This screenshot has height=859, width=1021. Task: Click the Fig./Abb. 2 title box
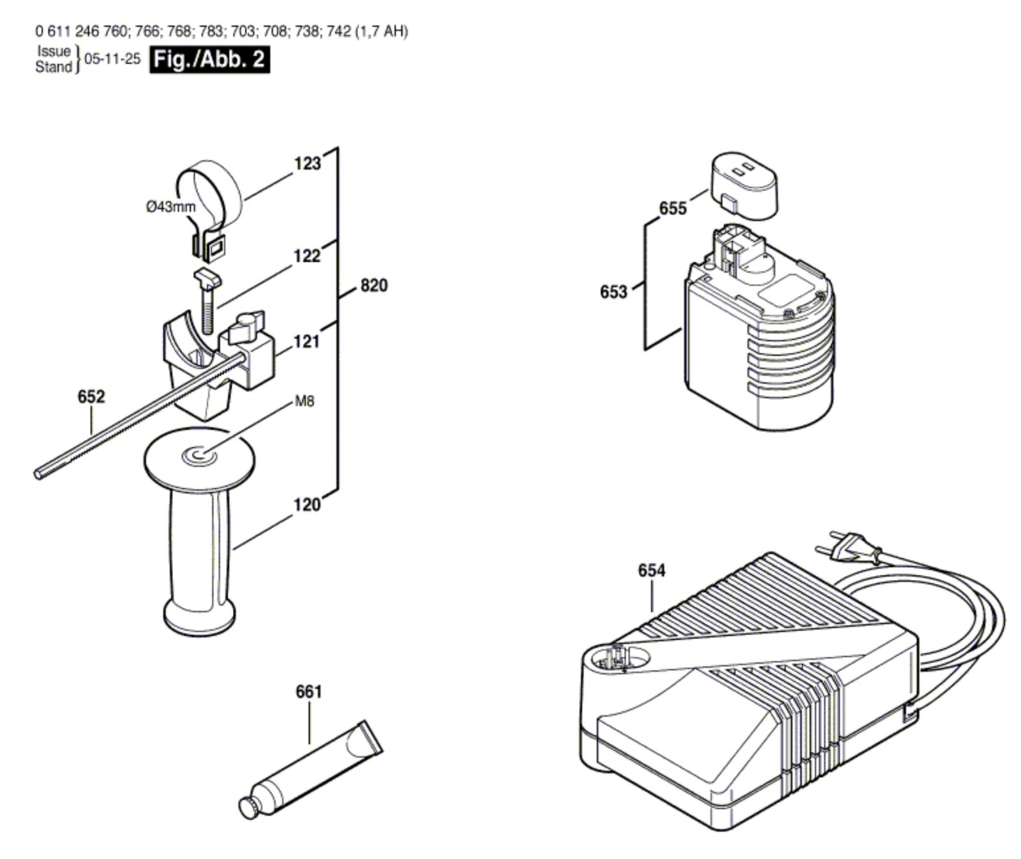coord(209,60)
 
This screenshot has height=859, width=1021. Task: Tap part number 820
coord(373,285)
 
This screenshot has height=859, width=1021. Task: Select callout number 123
coord(307,164)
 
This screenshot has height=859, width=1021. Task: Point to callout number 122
coord(306,257)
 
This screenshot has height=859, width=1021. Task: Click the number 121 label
coord(306,342)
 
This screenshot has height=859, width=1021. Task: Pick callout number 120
coord(306,505)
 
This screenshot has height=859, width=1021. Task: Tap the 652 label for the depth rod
coord(91,397)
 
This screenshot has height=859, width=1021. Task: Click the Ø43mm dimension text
coord(171,207)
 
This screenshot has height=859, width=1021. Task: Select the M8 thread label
coord(304,401)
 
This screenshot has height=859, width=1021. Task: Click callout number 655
coord(673,209)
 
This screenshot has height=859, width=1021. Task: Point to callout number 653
coord(613,292)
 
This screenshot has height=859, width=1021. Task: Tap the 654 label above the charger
coord(652,571)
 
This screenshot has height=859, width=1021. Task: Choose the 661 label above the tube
coord(309,692)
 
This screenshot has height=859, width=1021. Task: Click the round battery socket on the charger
coord(616,657)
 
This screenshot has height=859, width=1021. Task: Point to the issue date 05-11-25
coord(112,59)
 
